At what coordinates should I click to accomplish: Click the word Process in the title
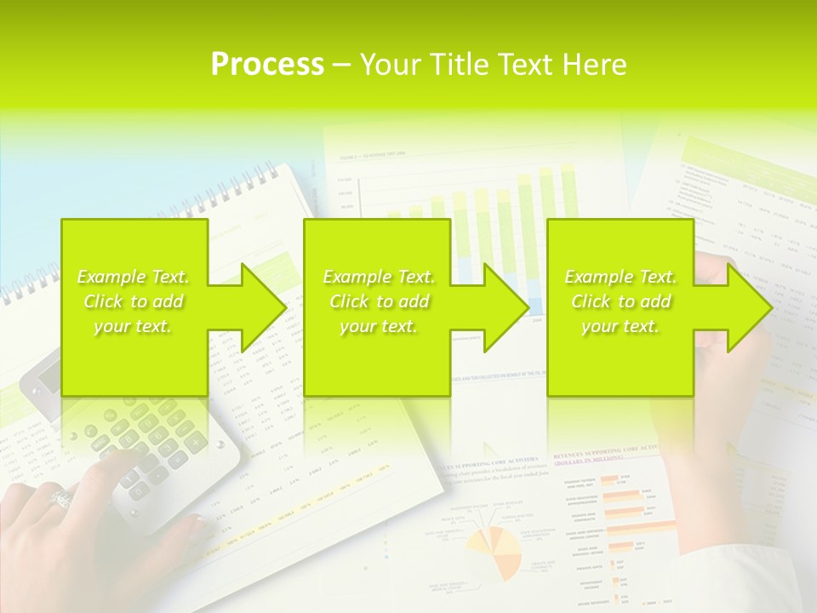point(267,65)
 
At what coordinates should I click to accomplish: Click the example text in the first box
point(134,301)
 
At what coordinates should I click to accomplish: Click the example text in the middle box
point(379,301)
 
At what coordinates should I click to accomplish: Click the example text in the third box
point(620,301)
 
